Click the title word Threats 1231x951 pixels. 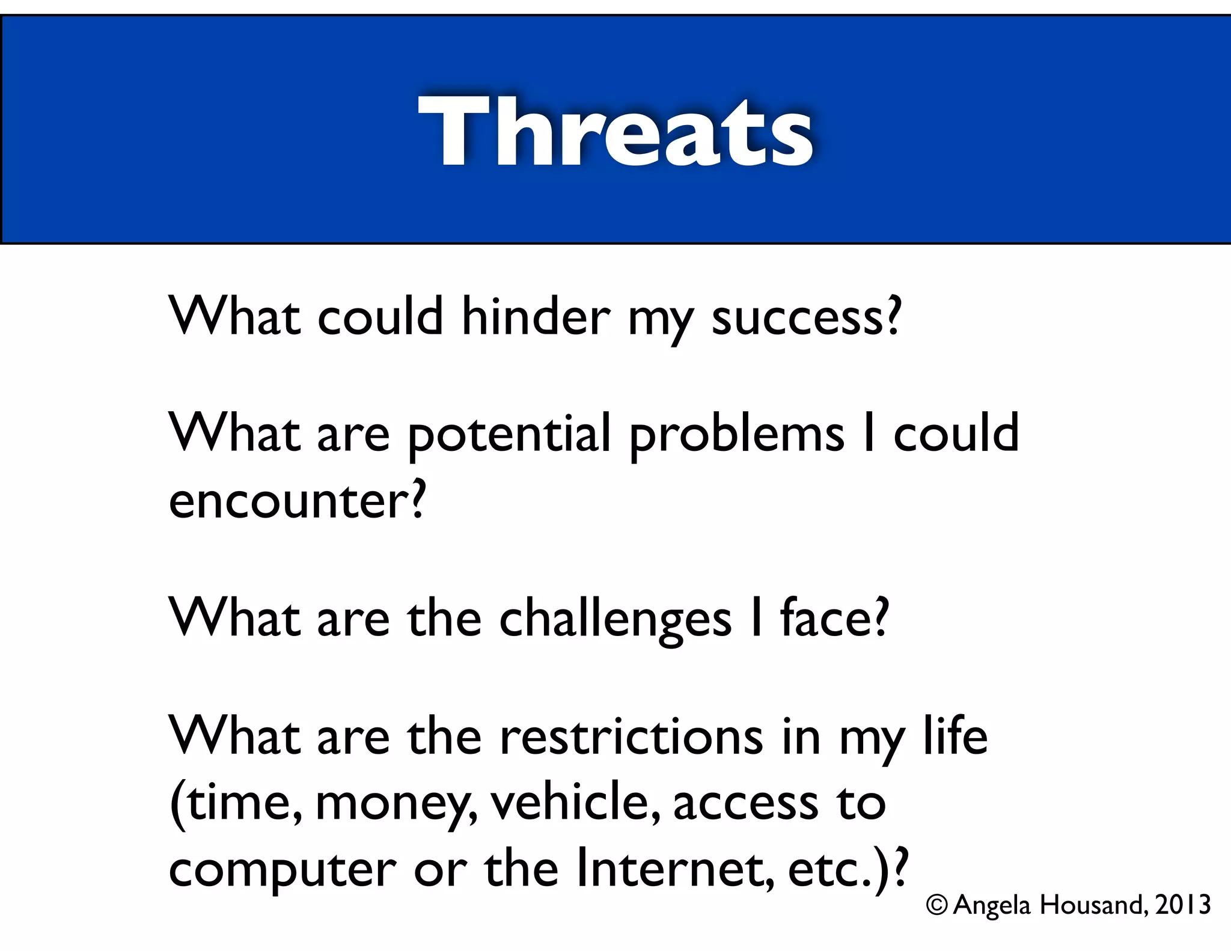click(615, 131)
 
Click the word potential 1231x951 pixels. click(509, 434)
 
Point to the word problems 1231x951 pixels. click(737, 434)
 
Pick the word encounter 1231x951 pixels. click(289, 500)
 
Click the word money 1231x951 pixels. click(393, 804)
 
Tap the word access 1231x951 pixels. click(745, 804)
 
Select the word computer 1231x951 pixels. click(282, 870)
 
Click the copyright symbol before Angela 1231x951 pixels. click(936, 905)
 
